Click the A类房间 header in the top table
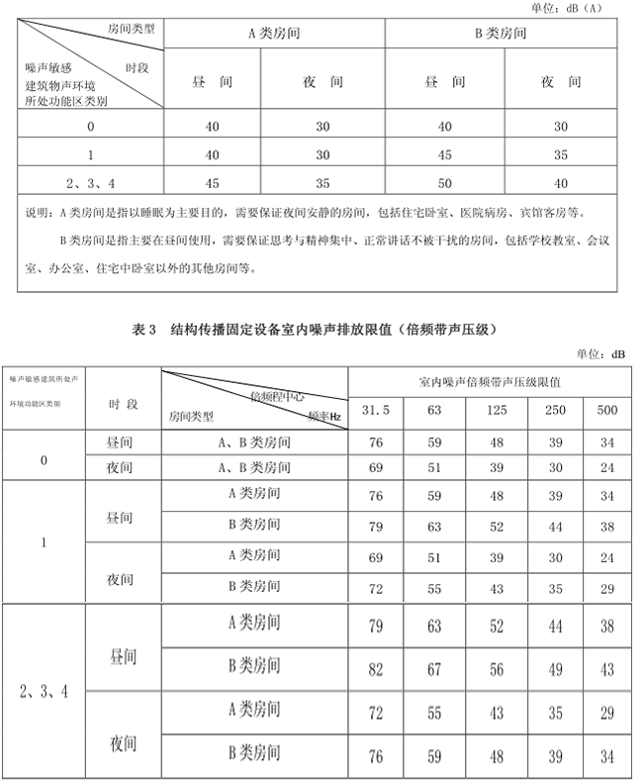pyautogui.click(x=274, y=33)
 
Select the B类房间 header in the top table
pyautogui.click(x=501, y=33)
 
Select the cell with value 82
pyautogui.click(x=375, y=670)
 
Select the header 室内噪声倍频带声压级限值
pyautogui.click(x=489, y=381)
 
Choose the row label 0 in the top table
pyautogui.click(x=91, y=127)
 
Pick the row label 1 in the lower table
pyautogui.click(x=46, y=542)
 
